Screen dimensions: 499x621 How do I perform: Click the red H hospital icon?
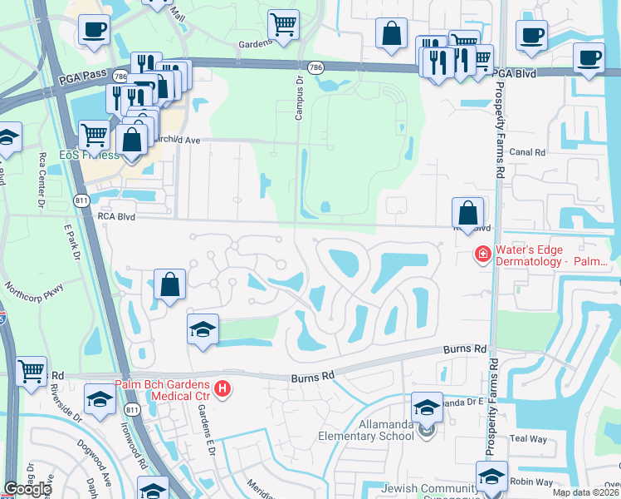pos(222,388)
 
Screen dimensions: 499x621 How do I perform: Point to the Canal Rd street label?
pos(527,152)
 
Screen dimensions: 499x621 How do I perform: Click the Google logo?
pos(27,489)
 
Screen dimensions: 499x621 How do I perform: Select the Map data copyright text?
pos(586,493)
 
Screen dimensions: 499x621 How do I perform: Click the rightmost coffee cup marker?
pos(589,58)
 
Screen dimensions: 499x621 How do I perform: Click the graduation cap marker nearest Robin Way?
pos(491,476)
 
